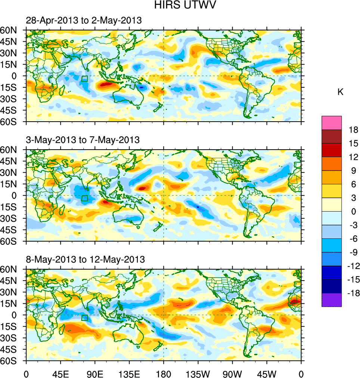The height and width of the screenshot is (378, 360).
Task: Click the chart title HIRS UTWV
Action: point(180,5)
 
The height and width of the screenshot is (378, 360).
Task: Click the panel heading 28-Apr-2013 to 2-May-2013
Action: point(84,21)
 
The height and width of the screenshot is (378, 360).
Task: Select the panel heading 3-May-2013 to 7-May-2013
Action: point(83,140)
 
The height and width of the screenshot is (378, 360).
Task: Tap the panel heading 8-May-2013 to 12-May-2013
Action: point(85,259)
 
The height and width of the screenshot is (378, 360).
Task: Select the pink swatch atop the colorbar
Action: point(332,122)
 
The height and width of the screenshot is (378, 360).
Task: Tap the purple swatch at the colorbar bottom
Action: point(332,300)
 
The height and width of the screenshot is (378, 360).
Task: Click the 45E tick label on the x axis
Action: point(60,373)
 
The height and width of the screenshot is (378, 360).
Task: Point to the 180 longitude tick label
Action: point(164,373)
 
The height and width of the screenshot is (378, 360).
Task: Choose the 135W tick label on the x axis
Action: point(198,373)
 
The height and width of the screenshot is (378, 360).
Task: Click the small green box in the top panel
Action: point(85,79)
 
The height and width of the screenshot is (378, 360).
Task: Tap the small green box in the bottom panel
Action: point(85,318)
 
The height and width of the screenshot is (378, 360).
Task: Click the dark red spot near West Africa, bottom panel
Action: point(295,302)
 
